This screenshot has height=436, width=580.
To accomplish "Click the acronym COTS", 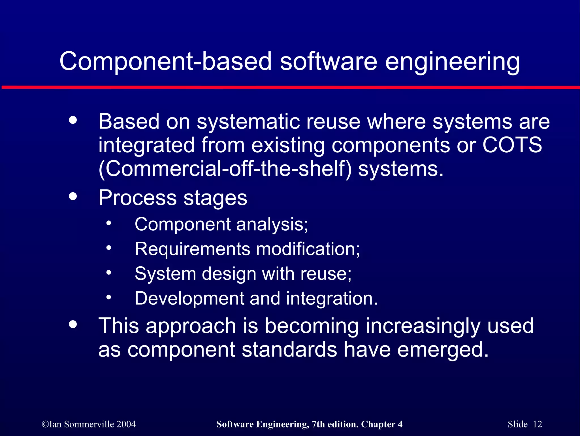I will pyautogui.click(x=512, y=145).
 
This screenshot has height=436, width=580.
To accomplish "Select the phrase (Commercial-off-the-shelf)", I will pyautogui.click(x=225, y=169).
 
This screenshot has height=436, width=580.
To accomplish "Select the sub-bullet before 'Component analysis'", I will pyautogui.click(x=109, y=223).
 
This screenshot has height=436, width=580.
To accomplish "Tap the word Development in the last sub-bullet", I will pyautogui.click(x=189, y=298).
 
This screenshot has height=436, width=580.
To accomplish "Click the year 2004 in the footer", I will pyautogui.click(x=126, y=424).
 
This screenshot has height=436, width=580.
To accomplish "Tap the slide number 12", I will pyautogui.click(x=537, y=424).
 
